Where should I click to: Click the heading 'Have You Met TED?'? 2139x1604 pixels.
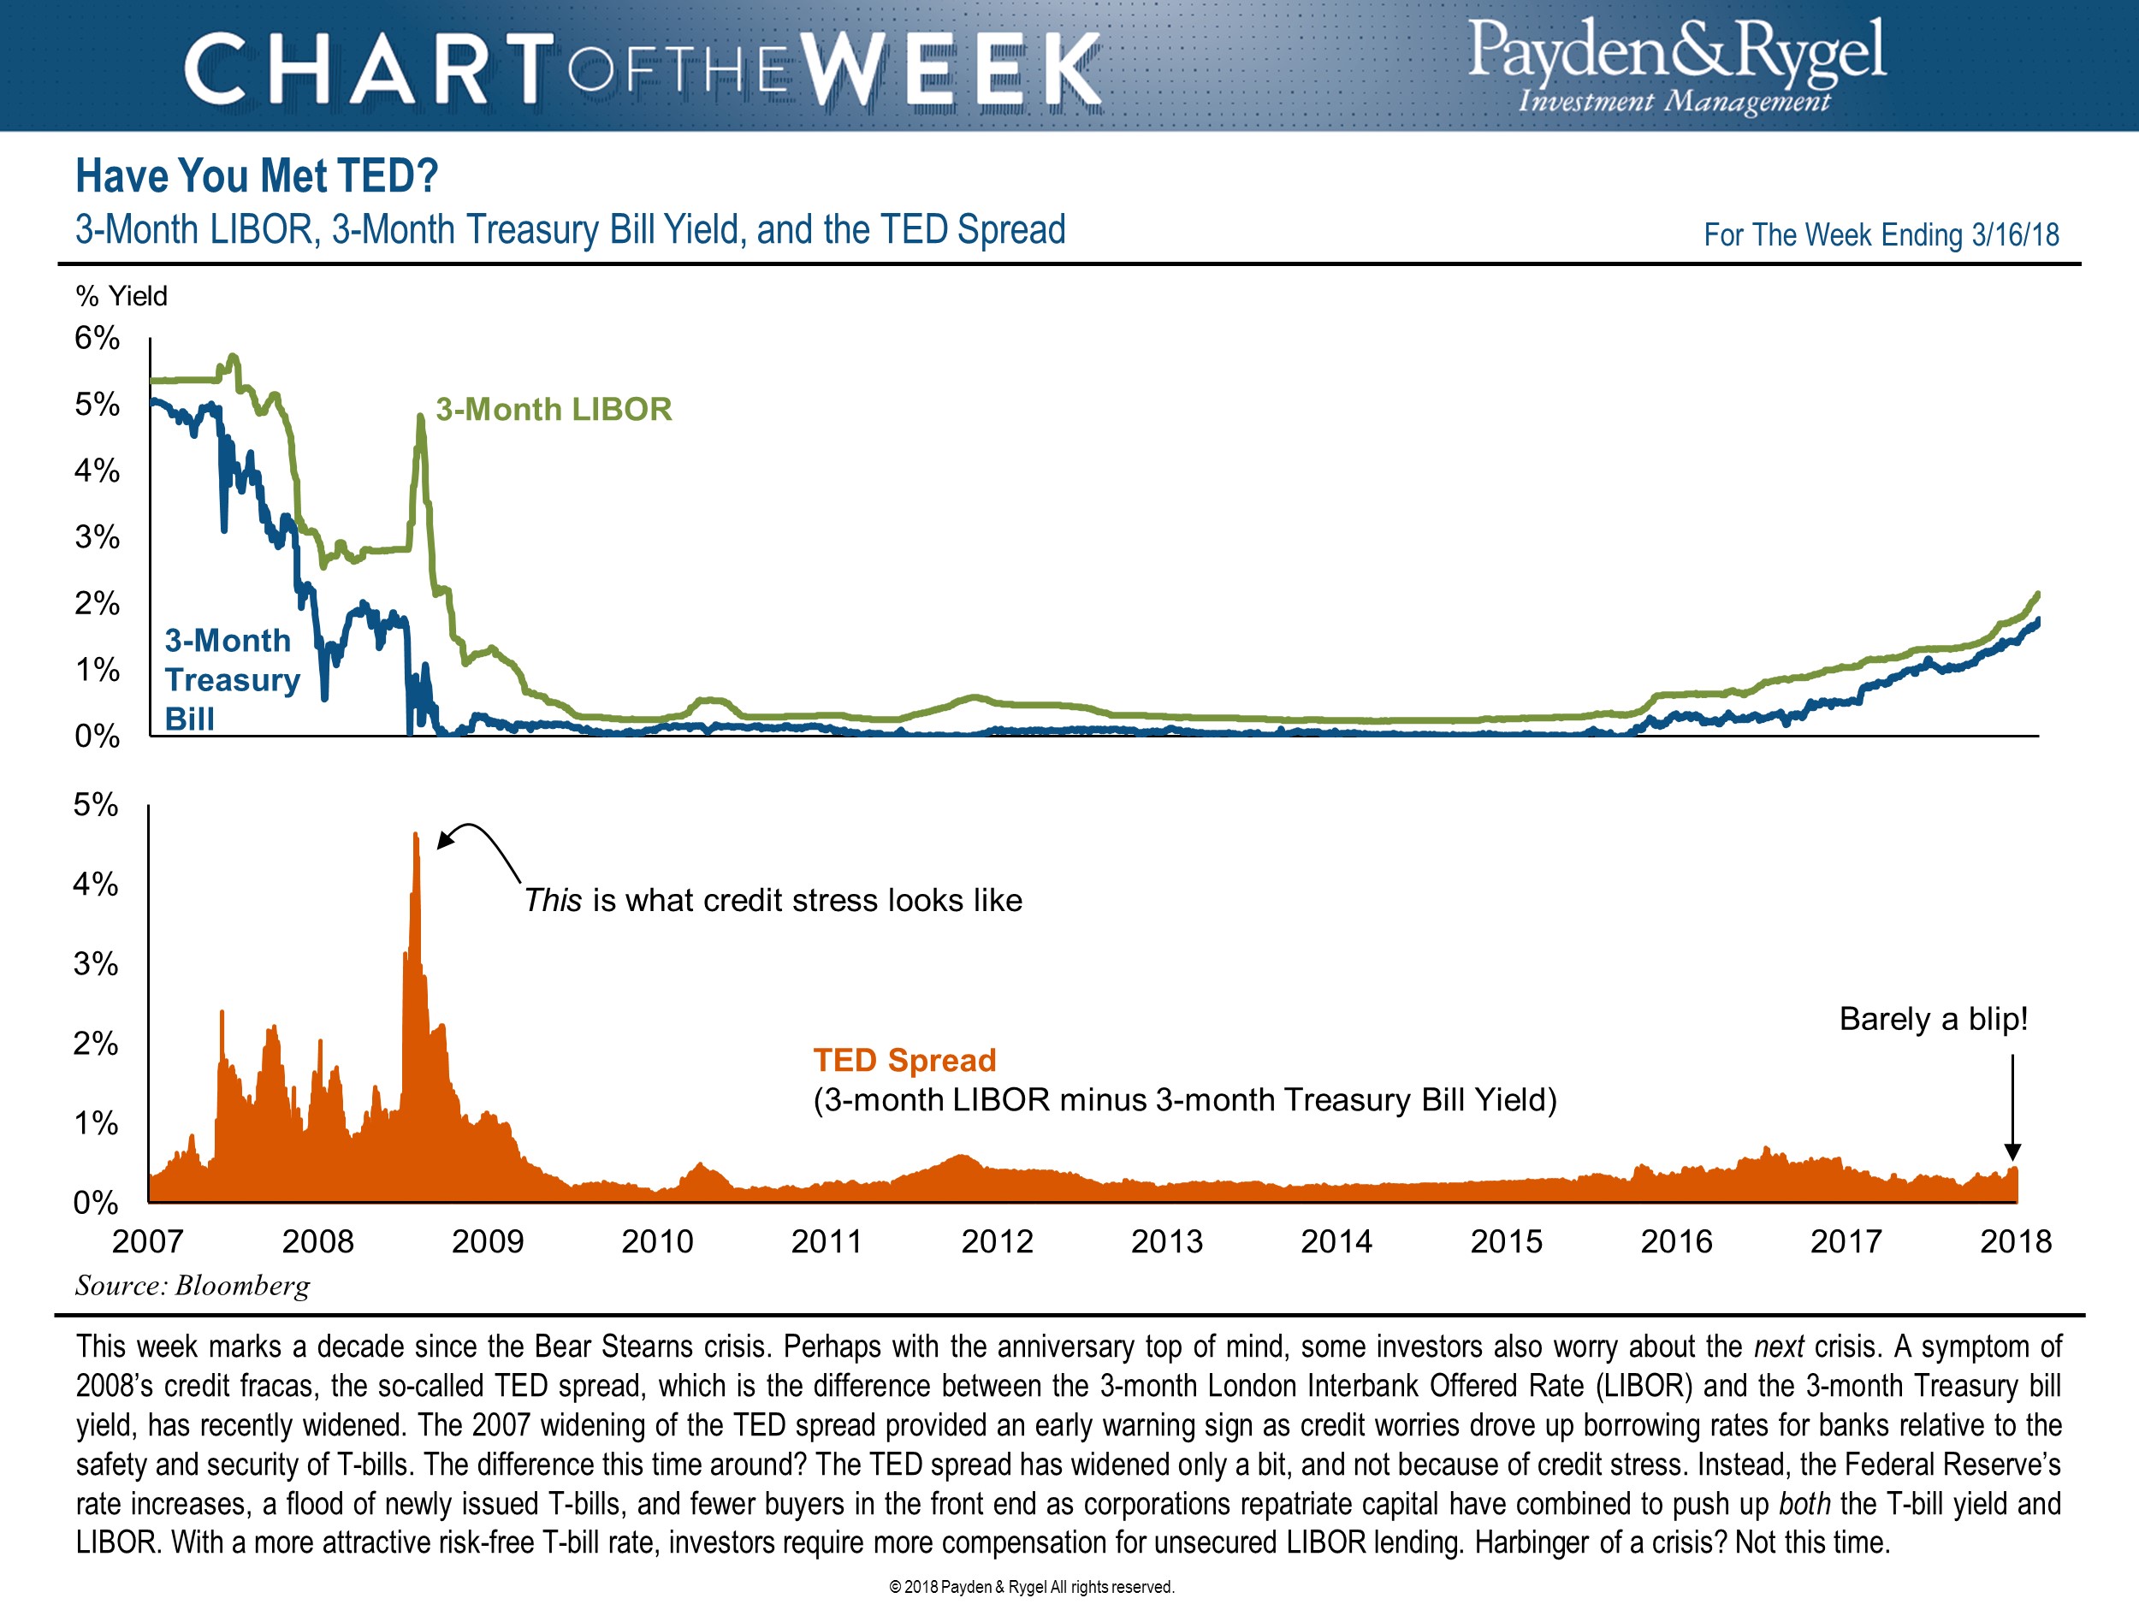[x=257, y=176]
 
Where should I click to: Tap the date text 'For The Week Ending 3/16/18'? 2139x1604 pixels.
[x=1881, y=235]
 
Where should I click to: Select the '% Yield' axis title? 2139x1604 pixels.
[x=121, y=296]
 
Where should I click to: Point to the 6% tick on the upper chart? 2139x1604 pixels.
[x=97, y=339]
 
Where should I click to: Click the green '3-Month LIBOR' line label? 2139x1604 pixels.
[x=553, y=409]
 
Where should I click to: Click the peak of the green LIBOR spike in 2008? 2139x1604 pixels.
[x=420, y=417]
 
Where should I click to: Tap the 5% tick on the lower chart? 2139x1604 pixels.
[x=95, y=804]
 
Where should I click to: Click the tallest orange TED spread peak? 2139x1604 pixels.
[x=416, y=835]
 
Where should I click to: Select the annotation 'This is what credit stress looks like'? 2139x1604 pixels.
[x=773, y=900]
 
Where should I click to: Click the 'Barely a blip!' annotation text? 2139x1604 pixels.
[x=1933, y=1019]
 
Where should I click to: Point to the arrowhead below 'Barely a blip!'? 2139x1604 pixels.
[x=2012, y=1151]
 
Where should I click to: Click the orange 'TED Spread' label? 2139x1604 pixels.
[x=904, y=1061]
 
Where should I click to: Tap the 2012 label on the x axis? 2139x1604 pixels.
[x=997, y=1241]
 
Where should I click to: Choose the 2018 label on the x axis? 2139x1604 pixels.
[x=2015, y=1241]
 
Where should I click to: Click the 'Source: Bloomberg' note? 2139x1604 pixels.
[x=193, y=1286]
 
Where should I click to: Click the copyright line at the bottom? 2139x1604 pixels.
[x=1031, y=1587]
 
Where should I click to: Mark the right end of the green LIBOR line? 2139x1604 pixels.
[x=2036, y=594]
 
